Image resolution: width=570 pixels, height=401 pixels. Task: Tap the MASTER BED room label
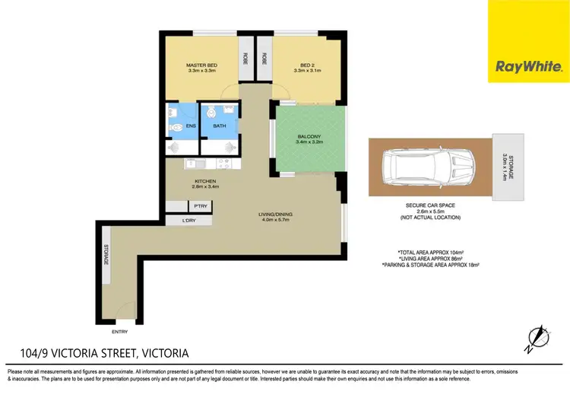pos(201,65)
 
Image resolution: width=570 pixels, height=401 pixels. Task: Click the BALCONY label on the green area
pos(309,137)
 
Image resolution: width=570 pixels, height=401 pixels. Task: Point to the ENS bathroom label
pos(181,126)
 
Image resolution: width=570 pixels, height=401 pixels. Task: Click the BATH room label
pos(219,126)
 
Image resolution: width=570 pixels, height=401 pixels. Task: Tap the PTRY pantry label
pos(201,205)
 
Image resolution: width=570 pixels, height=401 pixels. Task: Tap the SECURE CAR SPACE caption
pos(430,205)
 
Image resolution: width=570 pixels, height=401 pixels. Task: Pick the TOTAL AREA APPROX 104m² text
pos(431,252)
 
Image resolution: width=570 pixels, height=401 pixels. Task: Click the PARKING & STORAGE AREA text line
pos(431,264)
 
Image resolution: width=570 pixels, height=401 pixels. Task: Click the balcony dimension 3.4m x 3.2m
pos(309,143)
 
